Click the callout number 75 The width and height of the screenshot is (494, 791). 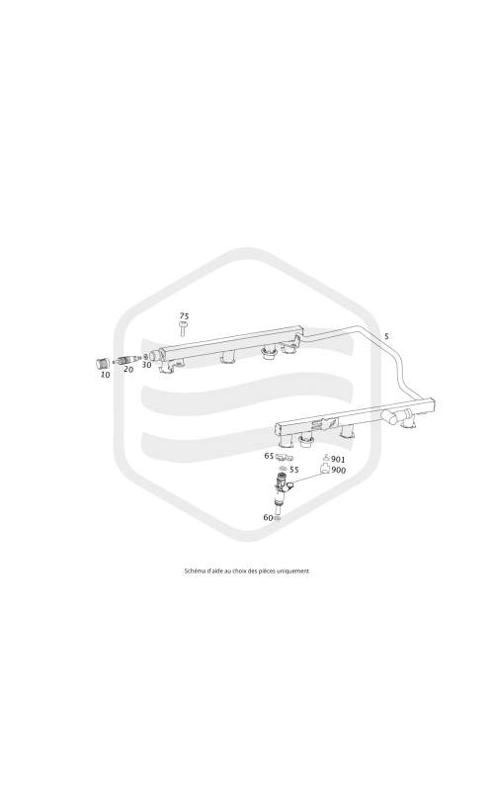click(184, 316)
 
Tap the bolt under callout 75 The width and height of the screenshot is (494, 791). click(184, 328)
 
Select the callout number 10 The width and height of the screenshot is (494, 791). click(105, 375)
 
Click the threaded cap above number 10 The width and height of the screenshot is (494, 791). click(104, 363)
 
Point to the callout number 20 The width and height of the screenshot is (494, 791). click(128, 369)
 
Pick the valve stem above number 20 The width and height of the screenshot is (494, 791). click(126, 360)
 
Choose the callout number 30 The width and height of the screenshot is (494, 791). click(146, 365)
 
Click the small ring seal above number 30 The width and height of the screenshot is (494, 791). click(145, 356)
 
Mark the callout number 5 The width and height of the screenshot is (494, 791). click(386, 336)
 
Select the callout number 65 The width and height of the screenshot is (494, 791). click(269, 456)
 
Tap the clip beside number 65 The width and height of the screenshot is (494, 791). click(285, 458)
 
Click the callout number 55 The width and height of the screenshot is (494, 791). click(293, 470)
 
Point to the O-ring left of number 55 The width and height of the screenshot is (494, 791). click(283, 469)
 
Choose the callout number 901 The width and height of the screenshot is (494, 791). click(338, 460)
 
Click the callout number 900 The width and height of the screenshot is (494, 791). click(339, 471)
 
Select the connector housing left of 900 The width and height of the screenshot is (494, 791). click(325, 470)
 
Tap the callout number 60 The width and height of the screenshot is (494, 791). click(268, 517)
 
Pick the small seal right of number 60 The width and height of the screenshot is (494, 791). click(278, 518)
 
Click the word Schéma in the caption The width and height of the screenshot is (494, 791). click(194, 571)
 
